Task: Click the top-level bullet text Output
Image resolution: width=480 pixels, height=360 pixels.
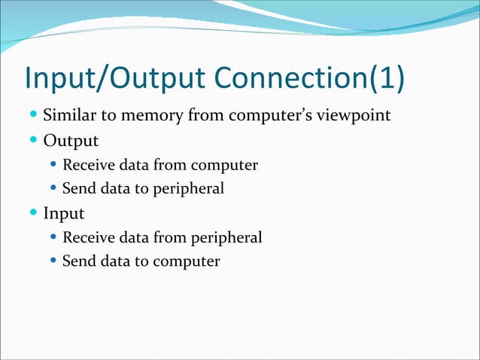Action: coord(71,141)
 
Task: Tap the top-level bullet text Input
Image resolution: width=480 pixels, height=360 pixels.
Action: coord(64,213)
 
